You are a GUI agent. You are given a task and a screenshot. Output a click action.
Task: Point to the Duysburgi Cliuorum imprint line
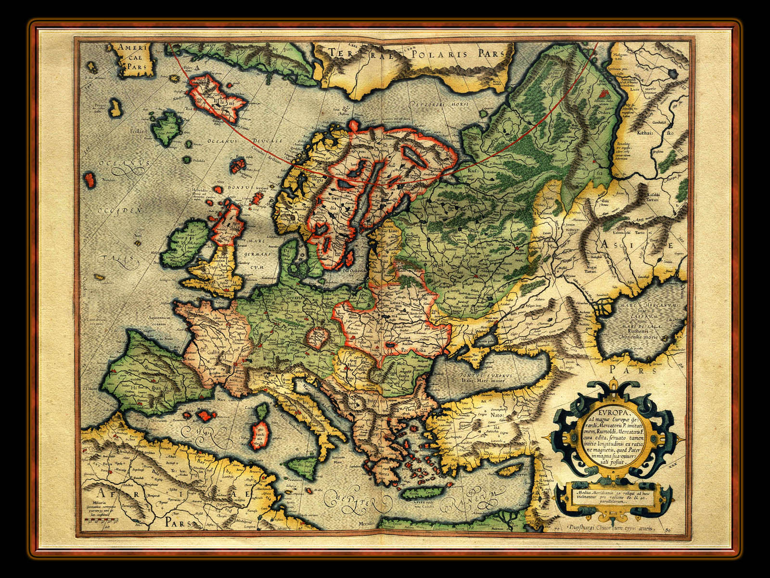point(609,528)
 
